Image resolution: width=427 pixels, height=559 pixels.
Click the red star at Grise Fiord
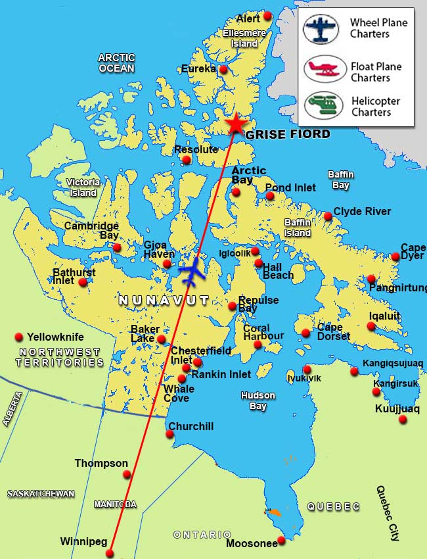pos(235,124)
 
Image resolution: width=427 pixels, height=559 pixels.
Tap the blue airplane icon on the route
pos(192,272)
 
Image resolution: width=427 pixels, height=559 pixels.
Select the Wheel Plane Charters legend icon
pos(321,29)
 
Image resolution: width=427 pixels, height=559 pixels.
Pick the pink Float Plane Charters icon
pos(321,69)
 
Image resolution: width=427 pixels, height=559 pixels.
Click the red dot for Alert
pos(267,16)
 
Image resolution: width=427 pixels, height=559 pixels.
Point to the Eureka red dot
pos(223,69)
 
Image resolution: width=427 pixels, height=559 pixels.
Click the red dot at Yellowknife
pos(19,337)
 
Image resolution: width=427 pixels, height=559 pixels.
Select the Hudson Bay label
pos(258,401)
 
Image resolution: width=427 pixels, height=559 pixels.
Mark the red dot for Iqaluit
pos(371,326)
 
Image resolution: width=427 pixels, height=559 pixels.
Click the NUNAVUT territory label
pos(164,301)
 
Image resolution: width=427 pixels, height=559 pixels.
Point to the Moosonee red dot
pos(281,540)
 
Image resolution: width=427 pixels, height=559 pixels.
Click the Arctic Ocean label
pos(116,62)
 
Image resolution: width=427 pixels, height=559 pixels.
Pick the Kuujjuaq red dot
pos(403,419)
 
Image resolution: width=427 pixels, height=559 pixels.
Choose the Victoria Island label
pos(83,187)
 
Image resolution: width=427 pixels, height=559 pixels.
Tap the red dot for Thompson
pos(127,474)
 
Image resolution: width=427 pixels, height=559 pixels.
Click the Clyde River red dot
pos(328,216)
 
